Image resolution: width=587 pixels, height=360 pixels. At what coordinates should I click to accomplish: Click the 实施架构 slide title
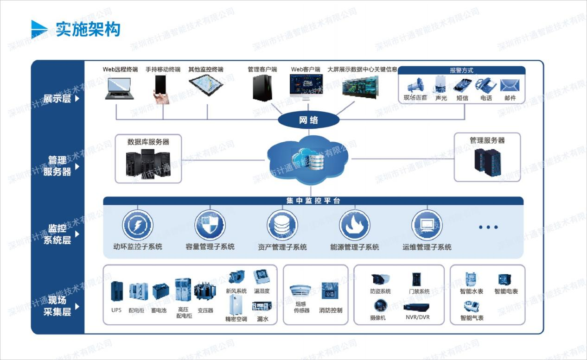pos(88,29)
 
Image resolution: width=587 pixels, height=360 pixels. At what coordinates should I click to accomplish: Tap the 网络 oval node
pos(308,120)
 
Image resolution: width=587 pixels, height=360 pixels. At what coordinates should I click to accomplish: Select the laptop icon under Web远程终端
pos(119,88)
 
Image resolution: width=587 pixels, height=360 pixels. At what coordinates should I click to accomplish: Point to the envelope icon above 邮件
pos(510,85)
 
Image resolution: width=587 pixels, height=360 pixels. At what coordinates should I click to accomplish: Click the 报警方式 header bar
pos(461,70)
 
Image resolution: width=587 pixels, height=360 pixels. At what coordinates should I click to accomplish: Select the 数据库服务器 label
pos(148,142)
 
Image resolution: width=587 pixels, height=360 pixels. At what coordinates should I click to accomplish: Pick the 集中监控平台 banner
pos(313,201)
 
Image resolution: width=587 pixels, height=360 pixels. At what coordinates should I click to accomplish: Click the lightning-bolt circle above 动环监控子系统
pos(138,225)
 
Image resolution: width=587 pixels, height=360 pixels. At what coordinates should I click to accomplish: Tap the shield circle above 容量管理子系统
pos(210,225)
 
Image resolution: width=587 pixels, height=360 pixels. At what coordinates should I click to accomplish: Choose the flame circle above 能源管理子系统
pos(354,225)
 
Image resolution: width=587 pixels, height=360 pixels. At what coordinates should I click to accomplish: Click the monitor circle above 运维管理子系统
pos(427,225)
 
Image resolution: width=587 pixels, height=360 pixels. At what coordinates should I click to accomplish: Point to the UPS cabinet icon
pos(116,291)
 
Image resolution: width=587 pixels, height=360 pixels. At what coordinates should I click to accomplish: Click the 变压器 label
pos(205,310)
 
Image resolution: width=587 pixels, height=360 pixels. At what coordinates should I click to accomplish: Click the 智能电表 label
pos(506,291)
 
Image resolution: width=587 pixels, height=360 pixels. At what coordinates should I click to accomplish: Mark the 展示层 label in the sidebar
pos(57,98)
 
